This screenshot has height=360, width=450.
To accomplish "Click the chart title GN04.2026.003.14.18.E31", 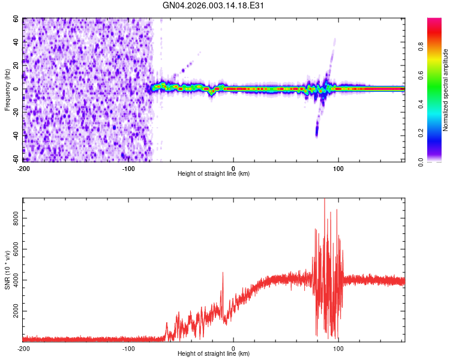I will pyautogui.click(x=214, y=5).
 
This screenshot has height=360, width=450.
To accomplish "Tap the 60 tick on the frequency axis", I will pyautogui.click(x=16, y=19).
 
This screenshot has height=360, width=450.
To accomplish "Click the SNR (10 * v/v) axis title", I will pyautogui.click(x=7, y=270).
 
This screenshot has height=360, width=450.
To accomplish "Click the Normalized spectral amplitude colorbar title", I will pyautogui.click(x=446, y=90).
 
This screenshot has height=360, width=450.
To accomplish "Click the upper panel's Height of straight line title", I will pyautogui.click(x=214, y=173).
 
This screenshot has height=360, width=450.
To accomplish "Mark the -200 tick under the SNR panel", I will pyautogui.click(x=23, y=349).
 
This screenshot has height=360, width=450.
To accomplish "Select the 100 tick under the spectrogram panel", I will pyautogui.click(x=339, y=168).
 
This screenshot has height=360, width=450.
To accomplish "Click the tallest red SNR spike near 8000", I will pyautogui.click(x=325, y=200).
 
